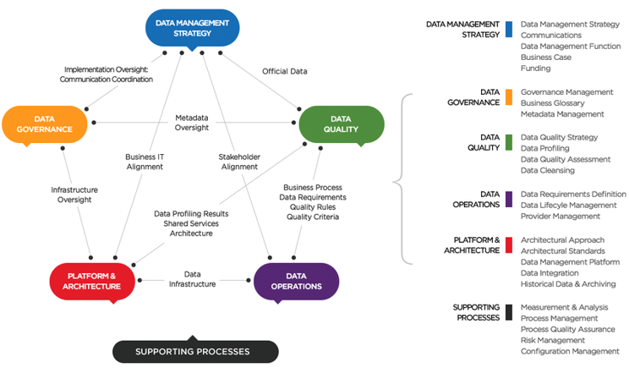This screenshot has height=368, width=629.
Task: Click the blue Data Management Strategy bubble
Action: [x=192, y=28]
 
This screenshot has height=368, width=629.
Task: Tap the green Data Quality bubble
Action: [x=341, y=124]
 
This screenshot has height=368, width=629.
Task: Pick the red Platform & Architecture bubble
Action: [x=91, y=281]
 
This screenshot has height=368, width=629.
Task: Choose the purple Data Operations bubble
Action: [x=296, y=281]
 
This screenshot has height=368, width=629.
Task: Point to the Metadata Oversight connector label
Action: [x=192, y=122]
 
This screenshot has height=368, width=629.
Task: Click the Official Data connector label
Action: [x=284, y=71]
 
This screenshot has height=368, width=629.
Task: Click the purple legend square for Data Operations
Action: [x=509, y=199]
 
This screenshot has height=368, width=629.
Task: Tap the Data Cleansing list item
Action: [x=547, y=170]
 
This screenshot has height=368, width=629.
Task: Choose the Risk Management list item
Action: [x=552, y=340]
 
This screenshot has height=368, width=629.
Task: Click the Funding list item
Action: [x=535, y=69]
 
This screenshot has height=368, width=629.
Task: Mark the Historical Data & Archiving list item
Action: [x=568, y=283]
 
